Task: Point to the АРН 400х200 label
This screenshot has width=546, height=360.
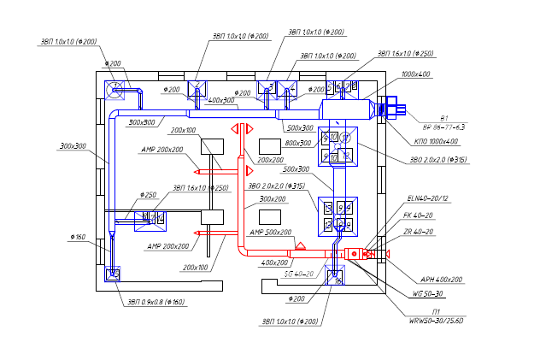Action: coord(441,280)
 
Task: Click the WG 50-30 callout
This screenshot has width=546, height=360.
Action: coord(426,293)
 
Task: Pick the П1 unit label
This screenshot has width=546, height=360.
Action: coord(437,311)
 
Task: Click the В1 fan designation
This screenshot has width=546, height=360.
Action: coord(443,116)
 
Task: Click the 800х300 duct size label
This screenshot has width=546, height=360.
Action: coord(298,143)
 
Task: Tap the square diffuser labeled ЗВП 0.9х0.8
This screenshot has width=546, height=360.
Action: coord(112,274)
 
